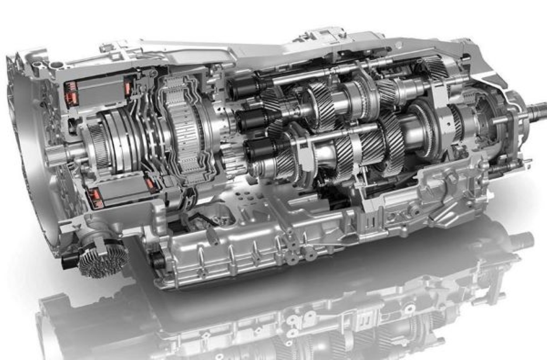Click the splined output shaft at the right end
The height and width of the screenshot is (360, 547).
[536, 110]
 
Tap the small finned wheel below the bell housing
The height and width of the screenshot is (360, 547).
[103, 259]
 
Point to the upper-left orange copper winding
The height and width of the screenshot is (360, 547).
[71, 89]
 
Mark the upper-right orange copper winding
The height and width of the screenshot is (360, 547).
[127, 88]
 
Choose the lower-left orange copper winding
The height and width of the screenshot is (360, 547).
[94, 198]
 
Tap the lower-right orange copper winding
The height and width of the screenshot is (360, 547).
[151, 185]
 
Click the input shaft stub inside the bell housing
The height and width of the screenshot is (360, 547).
[56, 155]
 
